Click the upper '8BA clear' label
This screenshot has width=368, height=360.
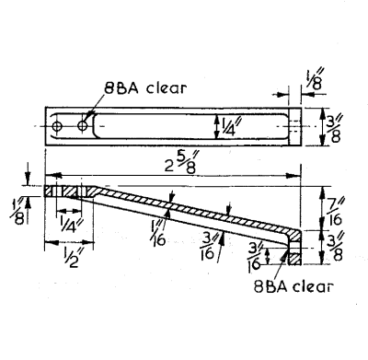pos(145,88)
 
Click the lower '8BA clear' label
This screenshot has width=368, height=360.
pos(293,286)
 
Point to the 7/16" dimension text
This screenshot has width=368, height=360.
pos(335,212)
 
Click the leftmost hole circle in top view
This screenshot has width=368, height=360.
pos(57,126)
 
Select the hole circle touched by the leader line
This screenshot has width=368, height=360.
pos(82,125)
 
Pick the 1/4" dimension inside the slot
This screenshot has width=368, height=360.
pos(227,126)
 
